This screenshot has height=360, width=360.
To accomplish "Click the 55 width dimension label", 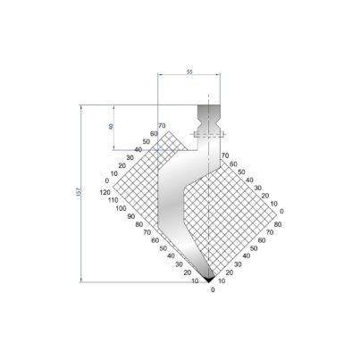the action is click(x=189, y=71).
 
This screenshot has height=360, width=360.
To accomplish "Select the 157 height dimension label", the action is click(x=79, y=191).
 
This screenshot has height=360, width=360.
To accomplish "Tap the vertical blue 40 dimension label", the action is click(x=111, y=126).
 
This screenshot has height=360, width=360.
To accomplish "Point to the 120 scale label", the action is click(x=105, y=192).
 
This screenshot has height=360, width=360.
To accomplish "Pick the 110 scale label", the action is click(x=113, y=200).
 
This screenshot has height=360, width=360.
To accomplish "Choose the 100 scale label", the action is click(x=121, y=208).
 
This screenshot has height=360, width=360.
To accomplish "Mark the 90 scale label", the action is click(x=131, y=216).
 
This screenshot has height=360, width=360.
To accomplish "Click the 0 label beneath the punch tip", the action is click(x=213, y=289).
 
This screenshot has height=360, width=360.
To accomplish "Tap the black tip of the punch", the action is click(x=209, y=279).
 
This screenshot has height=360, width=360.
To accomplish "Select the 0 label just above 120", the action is click(x=107, y=180).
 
